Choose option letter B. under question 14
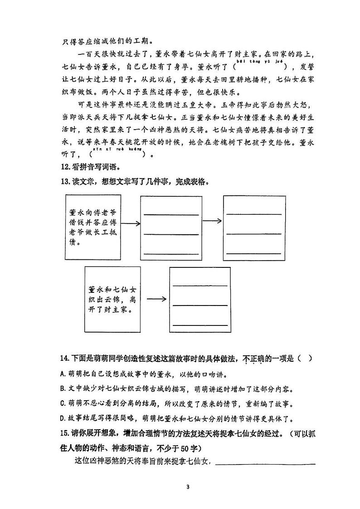pos(63,389)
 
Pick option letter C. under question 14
pos(63,403)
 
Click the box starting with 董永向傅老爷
pos(94,227)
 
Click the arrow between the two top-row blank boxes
pos(212,221)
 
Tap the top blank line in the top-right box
pos(254,213)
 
